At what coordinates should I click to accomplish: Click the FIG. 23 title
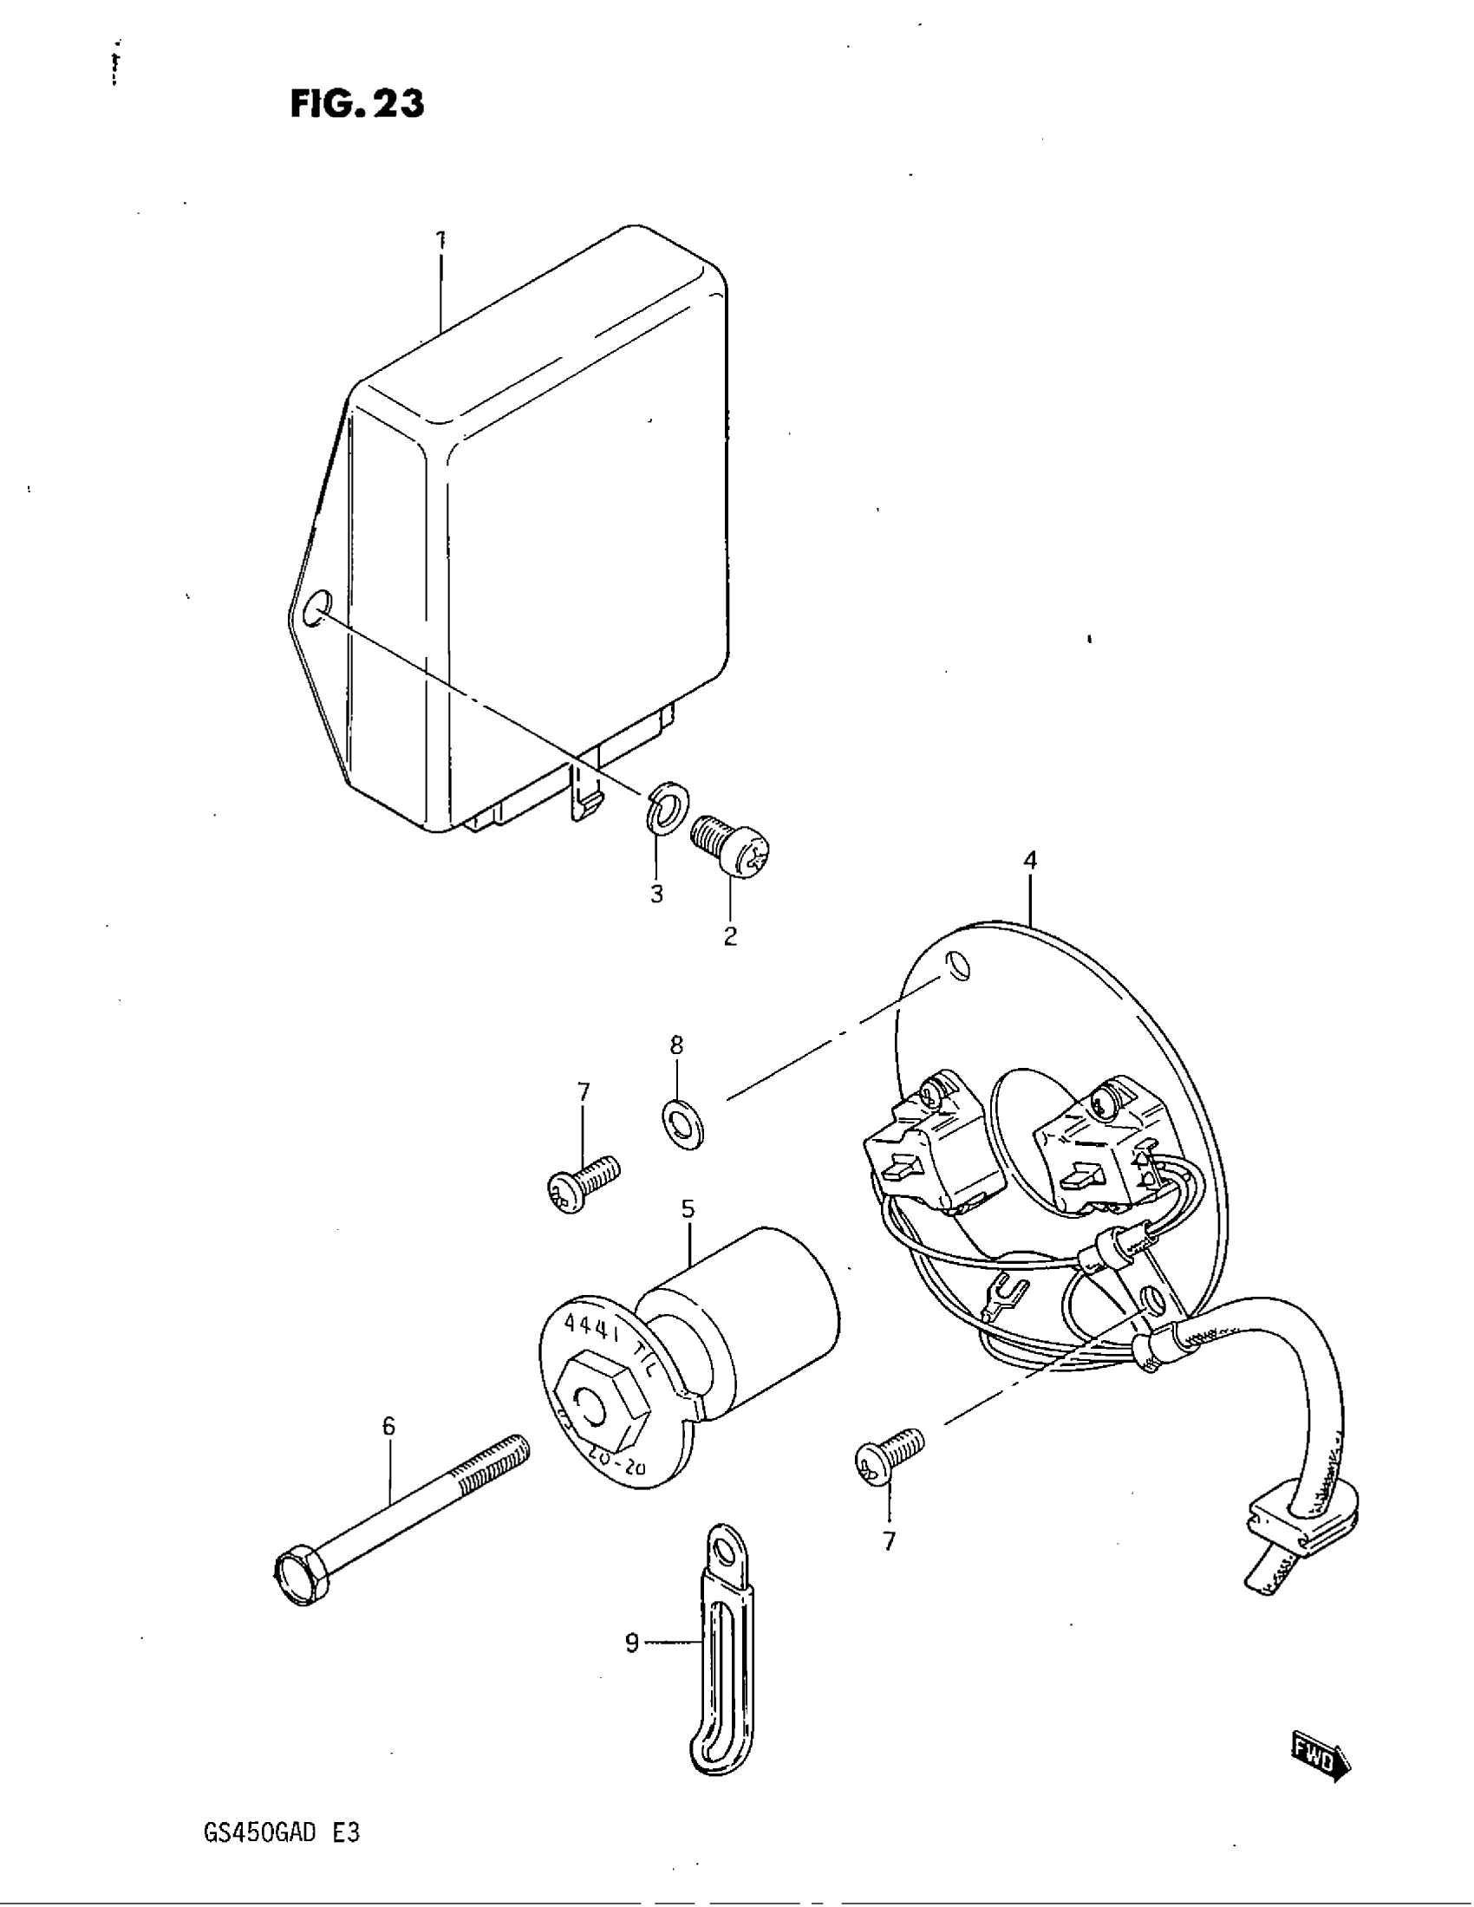pos(357,104)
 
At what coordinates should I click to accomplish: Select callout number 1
pos(441,238)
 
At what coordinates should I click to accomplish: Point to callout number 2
pos(730,935)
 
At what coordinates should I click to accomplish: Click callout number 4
pos(1030,860)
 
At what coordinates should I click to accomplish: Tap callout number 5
pos(688,1208)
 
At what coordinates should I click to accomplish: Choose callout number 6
pos(388,1426)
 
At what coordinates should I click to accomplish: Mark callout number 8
pos(677,1045)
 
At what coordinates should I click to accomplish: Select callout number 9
pos(632,1643)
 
